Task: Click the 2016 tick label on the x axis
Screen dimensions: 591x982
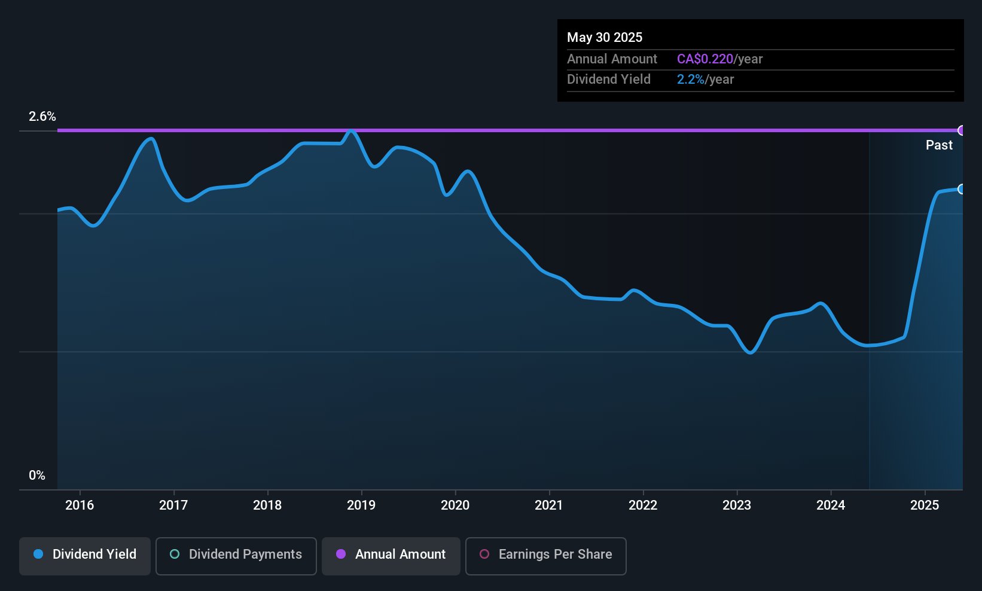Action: point(80,505)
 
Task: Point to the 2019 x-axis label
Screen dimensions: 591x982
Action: point(361,505)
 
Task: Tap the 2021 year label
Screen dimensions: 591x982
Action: point(549,505)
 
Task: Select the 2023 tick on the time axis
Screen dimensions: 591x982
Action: point(737,505)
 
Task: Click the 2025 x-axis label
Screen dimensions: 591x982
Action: point(925,505)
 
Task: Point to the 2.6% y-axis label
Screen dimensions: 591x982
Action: point(42,117)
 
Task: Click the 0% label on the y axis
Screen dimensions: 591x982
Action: point(37,476)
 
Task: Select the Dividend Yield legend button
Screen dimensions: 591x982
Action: point(85,555)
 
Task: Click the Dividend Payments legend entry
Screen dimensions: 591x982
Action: point(236,555)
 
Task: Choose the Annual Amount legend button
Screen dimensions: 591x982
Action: point(391,555)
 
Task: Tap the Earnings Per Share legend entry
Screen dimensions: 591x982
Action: point(545,555)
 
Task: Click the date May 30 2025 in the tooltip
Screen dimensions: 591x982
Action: point(605,38)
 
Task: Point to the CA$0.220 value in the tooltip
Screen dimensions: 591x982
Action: point(705,59)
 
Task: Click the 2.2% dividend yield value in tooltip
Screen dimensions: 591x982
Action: point(691,80)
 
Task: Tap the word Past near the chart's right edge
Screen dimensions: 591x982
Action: point(939,145)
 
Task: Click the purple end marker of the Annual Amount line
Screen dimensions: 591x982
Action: point(962,130)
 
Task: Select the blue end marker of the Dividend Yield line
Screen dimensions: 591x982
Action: point(962,189)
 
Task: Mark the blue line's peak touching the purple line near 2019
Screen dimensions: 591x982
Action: point(352,131)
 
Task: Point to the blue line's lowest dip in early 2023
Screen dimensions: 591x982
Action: point(751,352)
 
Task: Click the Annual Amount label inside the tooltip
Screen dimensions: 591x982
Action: point(612,59)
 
